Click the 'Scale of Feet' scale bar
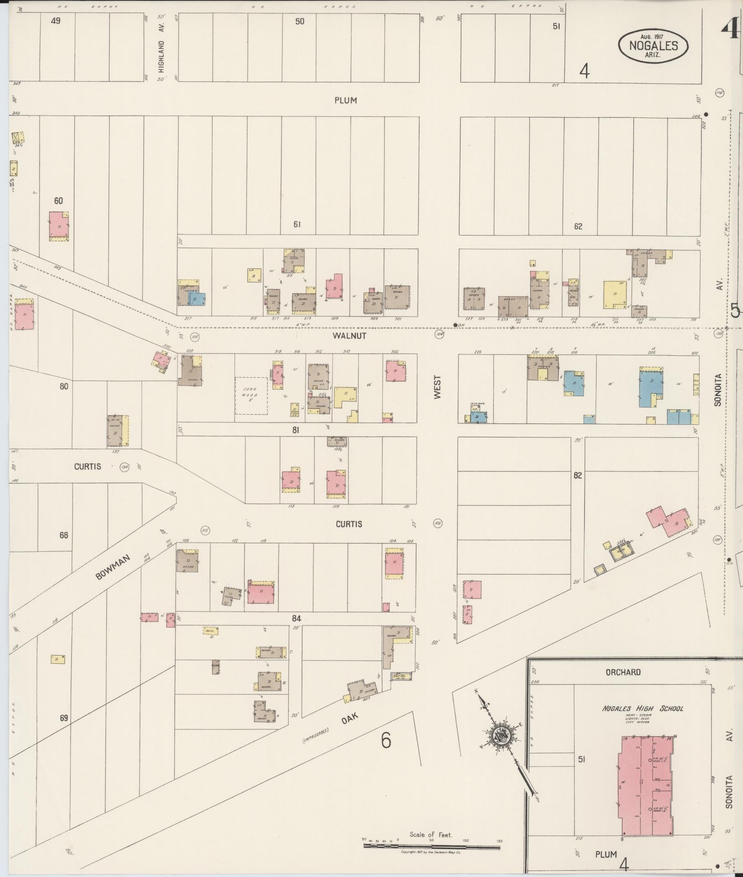pyautogui.click(x=431, y=846)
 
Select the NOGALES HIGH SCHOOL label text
pyautogui.click(x=642, y=708)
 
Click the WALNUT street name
pyautogui.click(x=349, y=336)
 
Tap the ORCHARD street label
pyautogui.click(x=623, y=672)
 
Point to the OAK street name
pyautogui.click(x=350, y=721)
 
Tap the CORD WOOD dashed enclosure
pyautogui.click(x=251, y=396)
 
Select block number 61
pyautogui.click(x=298, y=224)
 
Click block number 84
pyautogui.click(x=297, y=618)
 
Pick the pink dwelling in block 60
pyautogui.click(x=59, y=225)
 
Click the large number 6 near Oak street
pyautogui.click(x=386, y=741)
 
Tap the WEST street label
pyautogui.click(x=438, y=388)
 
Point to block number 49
pyautogui.click(x=55, y=21)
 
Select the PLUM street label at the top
pyautogui.click(x=345, y=100)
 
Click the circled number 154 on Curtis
pyautogui.click(x=124, y=467)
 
